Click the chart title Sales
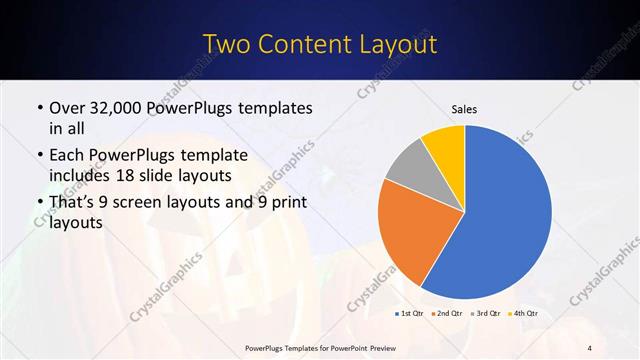(464, 107)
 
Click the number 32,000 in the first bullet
(115, 107)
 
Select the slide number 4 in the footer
(590, 347)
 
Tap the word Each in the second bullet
(67, 156)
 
